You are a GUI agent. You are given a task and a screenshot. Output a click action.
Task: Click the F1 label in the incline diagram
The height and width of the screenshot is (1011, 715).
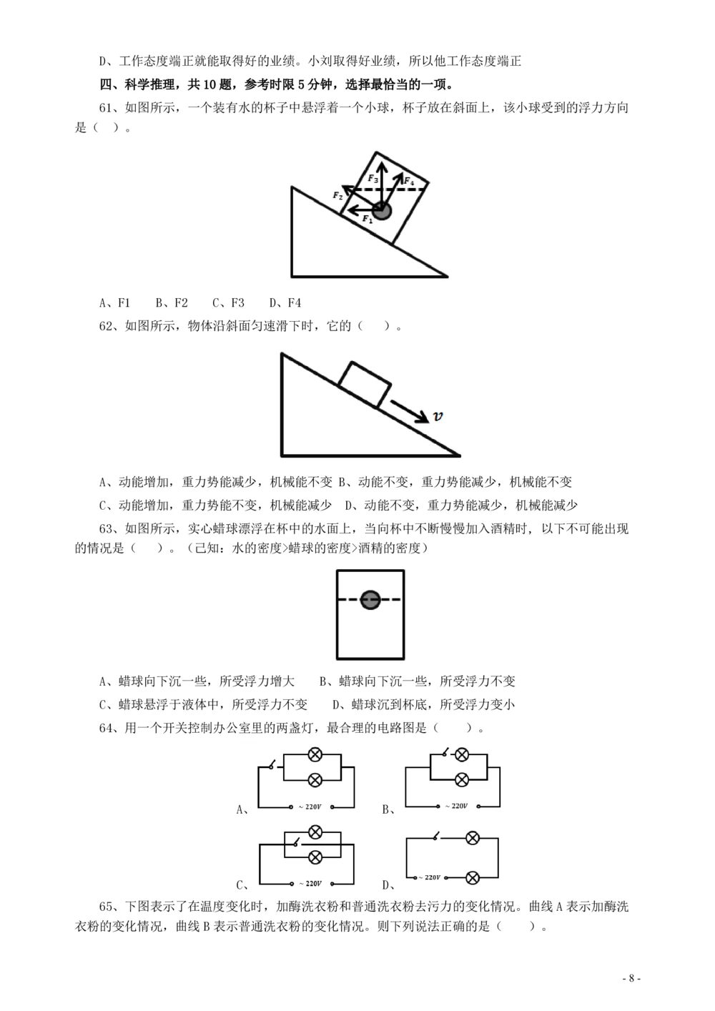point(368,220)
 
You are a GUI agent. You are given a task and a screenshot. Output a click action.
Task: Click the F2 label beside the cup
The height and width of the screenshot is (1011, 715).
point(338,195)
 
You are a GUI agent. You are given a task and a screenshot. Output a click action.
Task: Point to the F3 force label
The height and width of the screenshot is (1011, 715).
point(373,178)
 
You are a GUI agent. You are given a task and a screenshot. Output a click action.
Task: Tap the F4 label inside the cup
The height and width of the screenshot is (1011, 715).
point(408,182)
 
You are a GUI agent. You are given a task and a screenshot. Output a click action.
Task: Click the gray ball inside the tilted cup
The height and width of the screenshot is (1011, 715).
point(383,211)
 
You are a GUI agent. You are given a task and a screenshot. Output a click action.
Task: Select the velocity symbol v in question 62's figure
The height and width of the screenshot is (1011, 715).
point(438,416)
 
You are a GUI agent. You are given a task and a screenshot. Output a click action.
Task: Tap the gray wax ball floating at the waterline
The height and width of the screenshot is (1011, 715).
point(370,600)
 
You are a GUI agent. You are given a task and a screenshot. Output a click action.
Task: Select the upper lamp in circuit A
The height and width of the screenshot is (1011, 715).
point(314,754)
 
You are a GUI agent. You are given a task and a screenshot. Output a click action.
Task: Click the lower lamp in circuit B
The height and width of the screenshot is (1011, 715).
point(462,780)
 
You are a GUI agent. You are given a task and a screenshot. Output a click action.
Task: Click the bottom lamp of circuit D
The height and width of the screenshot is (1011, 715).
point(472,877)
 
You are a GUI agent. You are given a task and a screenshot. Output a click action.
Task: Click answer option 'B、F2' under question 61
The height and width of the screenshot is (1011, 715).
point(172,303)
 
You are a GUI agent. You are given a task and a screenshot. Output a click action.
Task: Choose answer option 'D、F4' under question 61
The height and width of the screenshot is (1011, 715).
point(285,303)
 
